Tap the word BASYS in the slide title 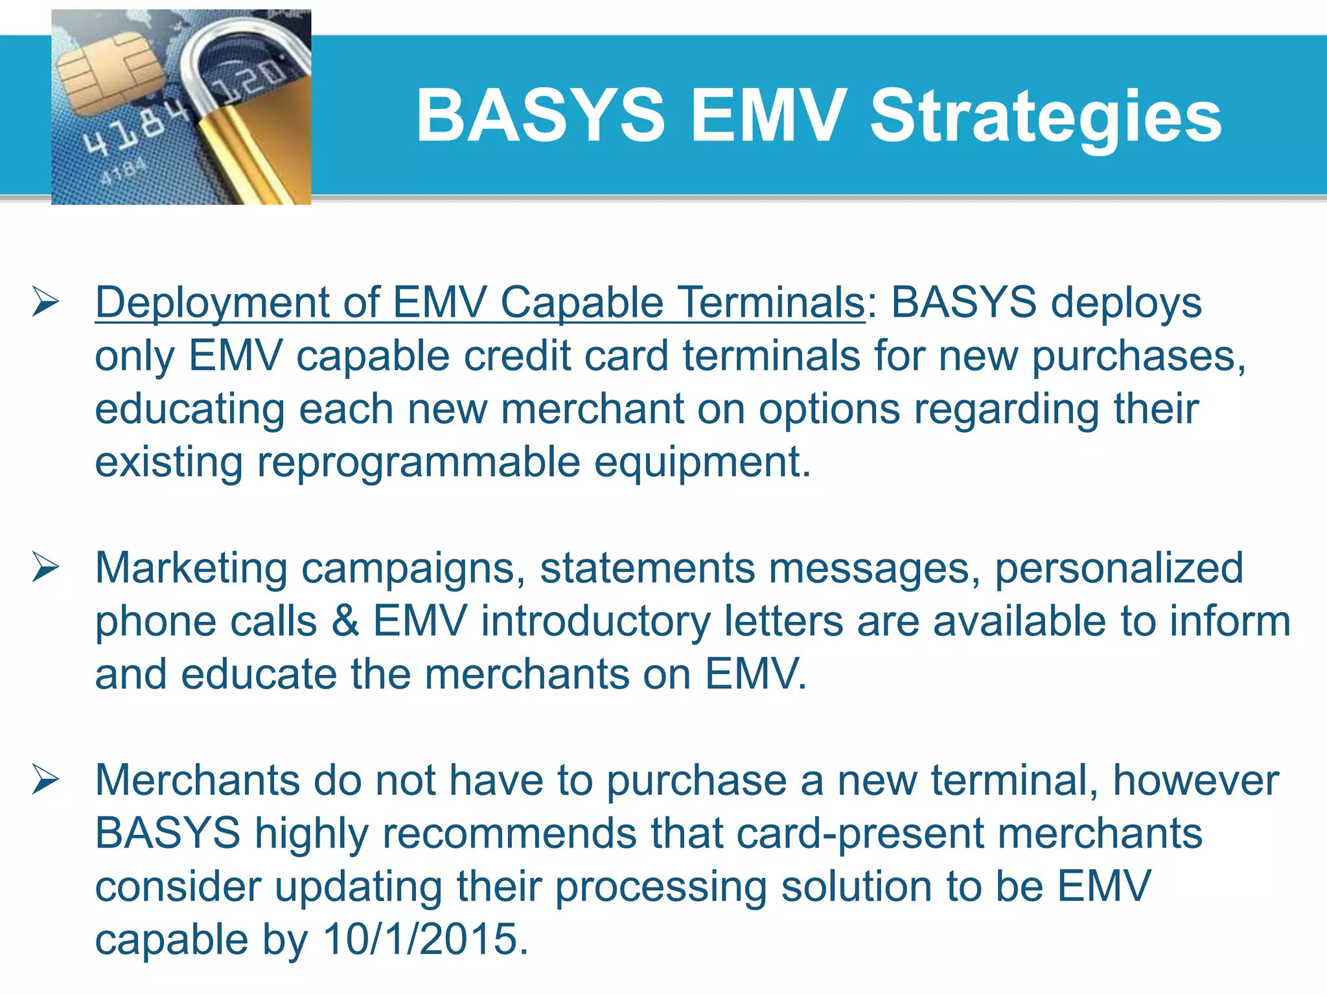[540, 117]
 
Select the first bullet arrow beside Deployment [45, 303]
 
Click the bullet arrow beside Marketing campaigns [45, 568]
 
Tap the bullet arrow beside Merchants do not [45, 780]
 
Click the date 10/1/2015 [425, 939]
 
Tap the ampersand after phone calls [345, 621]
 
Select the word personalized [1118, 568]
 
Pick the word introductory [595, 621]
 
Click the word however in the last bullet [1195, 780]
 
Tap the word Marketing [191, 568]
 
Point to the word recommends [509, 833]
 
